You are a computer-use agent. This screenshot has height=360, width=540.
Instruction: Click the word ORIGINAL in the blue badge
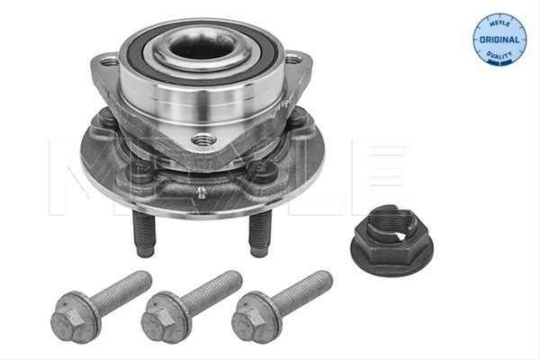pos(499,40)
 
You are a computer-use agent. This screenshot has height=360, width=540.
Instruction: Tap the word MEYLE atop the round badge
pos(499,23)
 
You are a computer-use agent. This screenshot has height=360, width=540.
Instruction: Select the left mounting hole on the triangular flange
pos(110,62)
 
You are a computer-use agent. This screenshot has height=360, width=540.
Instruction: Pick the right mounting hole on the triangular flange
pos(292,60)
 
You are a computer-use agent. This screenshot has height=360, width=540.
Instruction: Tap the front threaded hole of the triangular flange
pos(203,139)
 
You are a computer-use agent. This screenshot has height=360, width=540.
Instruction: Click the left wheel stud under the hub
pos(145,234)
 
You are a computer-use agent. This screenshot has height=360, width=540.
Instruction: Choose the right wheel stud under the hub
pos(260,234)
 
